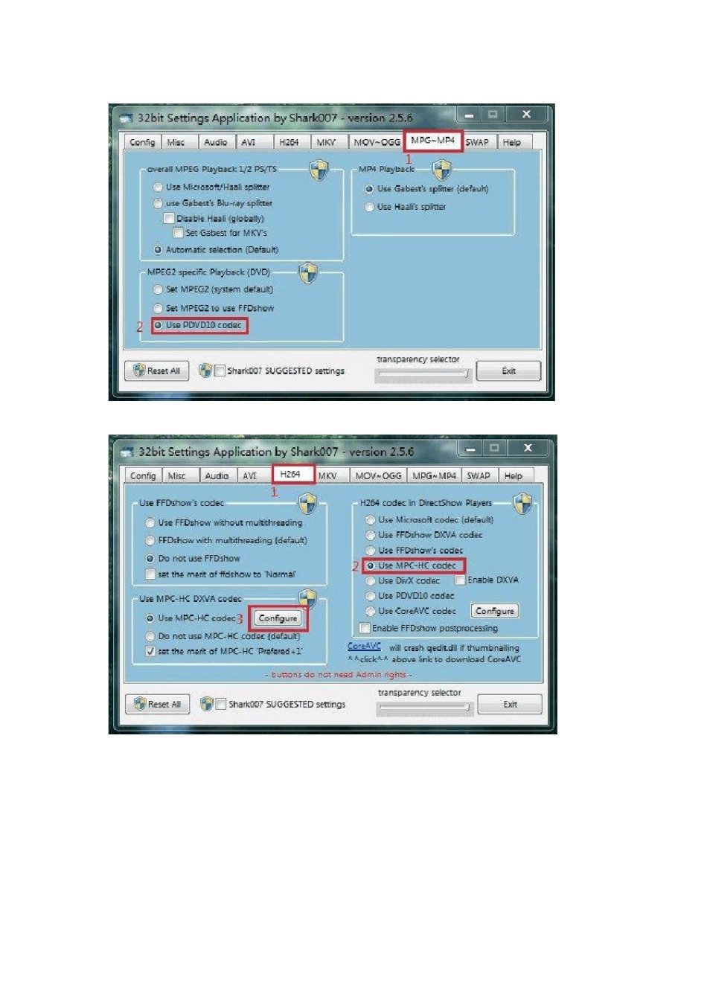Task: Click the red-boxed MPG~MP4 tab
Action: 433,141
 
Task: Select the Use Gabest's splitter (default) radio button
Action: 369,189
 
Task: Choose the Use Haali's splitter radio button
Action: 369,207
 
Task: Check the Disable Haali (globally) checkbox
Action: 169,219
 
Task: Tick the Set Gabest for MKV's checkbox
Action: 179,233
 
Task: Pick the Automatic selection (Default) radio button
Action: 158,250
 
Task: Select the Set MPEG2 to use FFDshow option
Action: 158,308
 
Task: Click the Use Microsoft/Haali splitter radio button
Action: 158,187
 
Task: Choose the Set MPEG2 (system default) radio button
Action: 158,289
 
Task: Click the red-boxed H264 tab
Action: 290,475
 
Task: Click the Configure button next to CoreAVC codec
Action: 495,611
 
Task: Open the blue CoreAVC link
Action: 364,647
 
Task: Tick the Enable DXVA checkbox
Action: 460,580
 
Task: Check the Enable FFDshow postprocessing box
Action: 365,628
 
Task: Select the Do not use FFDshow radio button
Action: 150,559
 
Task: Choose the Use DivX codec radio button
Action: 370,581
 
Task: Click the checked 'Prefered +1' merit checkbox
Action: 150,652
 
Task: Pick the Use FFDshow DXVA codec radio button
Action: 370,535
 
